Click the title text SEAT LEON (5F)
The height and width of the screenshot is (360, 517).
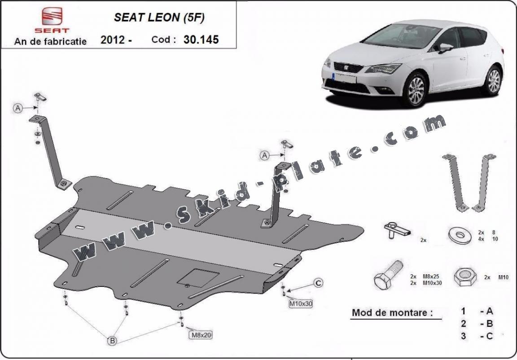tap(159, 18)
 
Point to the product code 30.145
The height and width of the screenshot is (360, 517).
tap(201, 40)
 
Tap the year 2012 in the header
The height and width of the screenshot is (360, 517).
tap(113, 40)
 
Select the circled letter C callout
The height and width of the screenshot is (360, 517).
tap(318, 283)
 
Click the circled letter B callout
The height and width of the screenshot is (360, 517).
tap(113, 341)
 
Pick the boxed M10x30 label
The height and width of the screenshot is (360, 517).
tap(300, 303)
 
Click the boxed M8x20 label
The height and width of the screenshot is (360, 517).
tap(200, 335)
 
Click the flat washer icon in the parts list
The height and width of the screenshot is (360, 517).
tap(460, 235)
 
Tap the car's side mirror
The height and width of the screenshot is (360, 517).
tap(446, 48)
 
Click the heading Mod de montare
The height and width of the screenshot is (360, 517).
tap(392, 312)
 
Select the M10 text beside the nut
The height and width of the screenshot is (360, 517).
tap(503, 277)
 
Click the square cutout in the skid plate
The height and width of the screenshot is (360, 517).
tap(198, 278)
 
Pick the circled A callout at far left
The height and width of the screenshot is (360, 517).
tap(18, 108)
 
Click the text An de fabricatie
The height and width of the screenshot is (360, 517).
tap(50, 41)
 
